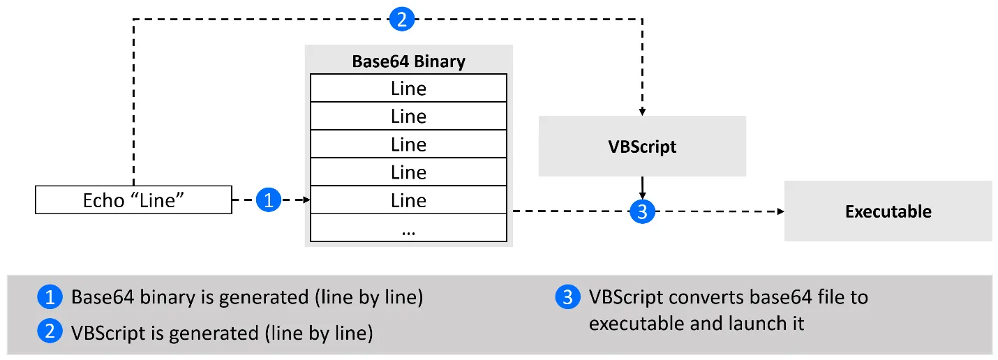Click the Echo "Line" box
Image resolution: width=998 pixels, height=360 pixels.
[x=133, y=200]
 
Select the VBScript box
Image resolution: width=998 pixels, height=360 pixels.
[x=642, y=147]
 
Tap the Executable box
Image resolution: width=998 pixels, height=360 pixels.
[x=888, y=211]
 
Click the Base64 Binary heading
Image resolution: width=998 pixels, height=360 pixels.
[x=408, y=61]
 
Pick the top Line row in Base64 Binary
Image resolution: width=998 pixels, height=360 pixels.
[x=408, y=89]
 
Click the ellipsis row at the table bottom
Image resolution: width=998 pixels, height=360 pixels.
[x=408, y=228]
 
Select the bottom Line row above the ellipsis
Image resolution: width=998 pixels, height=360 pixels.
[x=408, y=200]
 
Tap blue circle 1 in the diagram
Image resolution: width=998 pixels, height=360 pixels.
[x=269, y=201]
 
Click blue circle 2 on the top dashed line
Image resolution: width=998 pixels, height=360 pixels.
[x=401, y=19]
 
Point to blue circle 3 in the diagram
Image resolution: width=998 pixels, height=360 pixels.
[x=642, y=211]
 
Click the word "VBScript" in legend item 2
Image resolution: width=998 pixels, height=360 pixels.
[x=114, y=333]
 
